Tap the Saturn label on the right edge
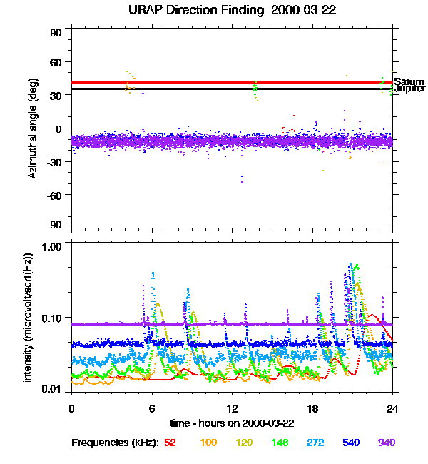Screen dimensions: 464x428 pos(409,81)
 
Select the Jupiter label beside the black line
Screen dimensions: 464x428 pos(409,89)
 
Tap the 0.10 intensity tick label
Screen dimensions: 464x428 pos(53,317)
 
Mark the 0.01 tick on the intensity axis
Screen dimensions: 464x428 pos(53,390)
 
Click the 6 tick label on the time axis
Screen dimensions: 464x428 pos(152,408)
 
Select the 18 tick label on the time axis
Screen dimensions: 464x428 pos(312,408)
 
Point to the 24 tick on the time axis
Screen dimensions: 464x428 pos(392,408)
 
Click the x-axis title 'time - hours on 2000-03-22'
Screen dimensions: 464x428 pos(233,423)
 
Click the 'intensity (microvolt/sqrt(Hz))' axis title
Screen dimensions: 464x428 pos(29,318)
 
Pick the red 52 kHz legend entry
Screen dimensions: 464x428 pos(170,443)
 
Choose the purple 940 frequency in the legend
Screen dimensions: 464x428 pos(387,443)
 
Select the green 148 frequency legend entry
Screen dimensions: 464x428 pos(279,443)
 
